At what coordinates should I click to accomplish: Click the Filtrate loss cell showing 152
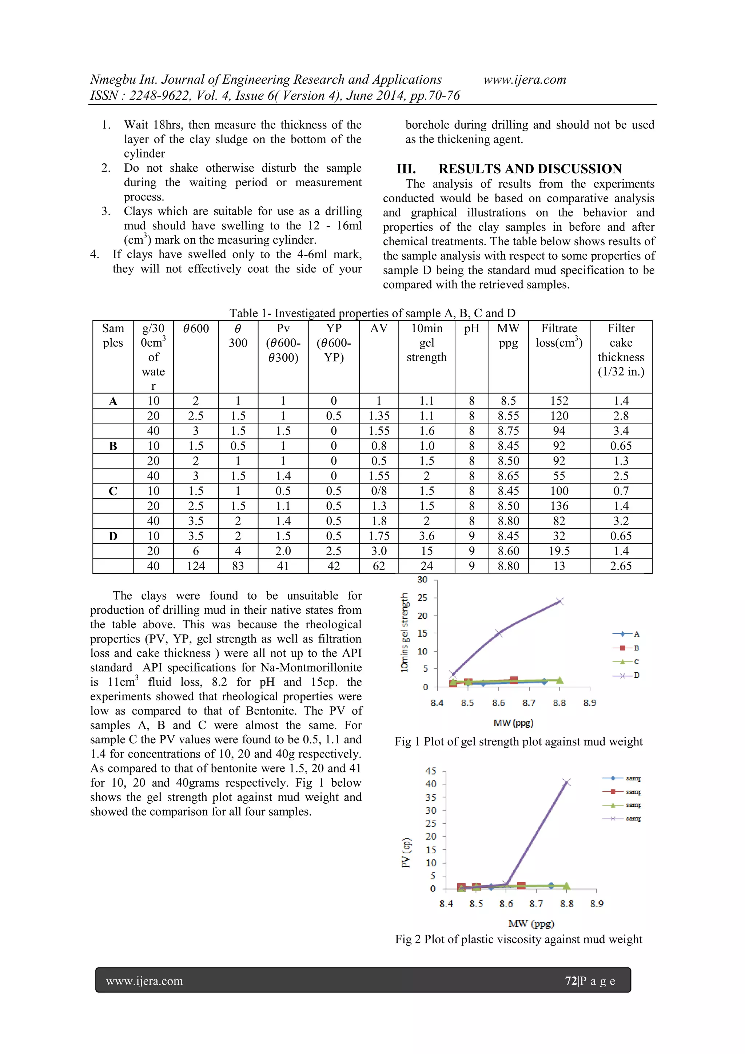[x=559, y=401]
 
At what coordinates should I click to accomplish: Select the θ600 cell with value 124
[x=196, y=566]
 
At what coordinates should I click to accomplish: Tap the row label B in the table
[x=113, y=446]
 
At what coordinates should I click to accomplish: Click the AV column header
[x=379, y=328]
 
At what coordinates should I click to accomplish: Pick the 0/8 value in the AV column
[x=379, y=491]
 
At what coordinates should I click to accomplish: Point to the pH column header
[x=471, y=328]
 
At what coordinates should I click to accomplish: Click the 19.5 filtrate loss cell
[x=559, y=551]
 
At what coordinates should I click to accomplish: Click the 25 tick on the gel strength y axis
[x=422, y=598]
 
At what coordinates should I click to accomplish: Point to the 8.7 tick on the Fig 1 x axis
[x=529, y=703]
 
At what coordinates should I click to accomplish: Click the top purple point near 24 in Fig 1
[x=559, y=601]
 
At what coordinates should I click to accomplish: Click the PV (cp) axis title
[x=406, y=853]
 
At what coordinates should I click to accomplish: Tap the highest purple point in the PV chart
[x=567, y=782]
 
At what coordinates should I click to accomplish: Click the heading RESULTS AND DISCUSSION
[x=530, y=169]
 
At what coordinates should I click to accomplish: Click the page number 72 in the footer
[x=570, y=981]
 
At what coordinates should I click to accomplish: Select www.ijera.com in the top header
[x=525, y=79]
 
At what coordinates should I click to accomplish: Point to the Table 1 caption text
[x=372, y=313]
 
